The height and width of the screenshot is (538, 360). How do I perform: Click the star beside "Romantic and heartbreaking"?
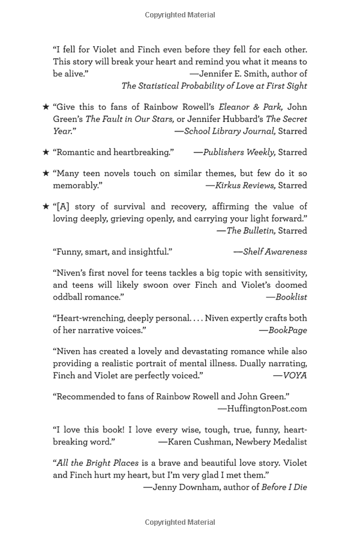tap(46, 152)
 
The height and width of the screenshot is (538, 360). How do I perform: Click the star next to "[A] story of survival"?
tap(46, 207)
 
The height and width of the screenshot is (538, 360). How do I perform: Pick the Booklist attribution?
tap(291, 297)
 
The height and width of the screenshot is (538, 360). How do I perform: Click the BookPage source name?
tap(287, 330)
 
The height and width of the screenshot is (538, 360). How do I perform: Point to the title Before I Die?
tap(284, 487)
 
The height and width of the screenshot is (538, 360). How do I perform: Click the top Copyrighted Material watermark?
tap(179, 14)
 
